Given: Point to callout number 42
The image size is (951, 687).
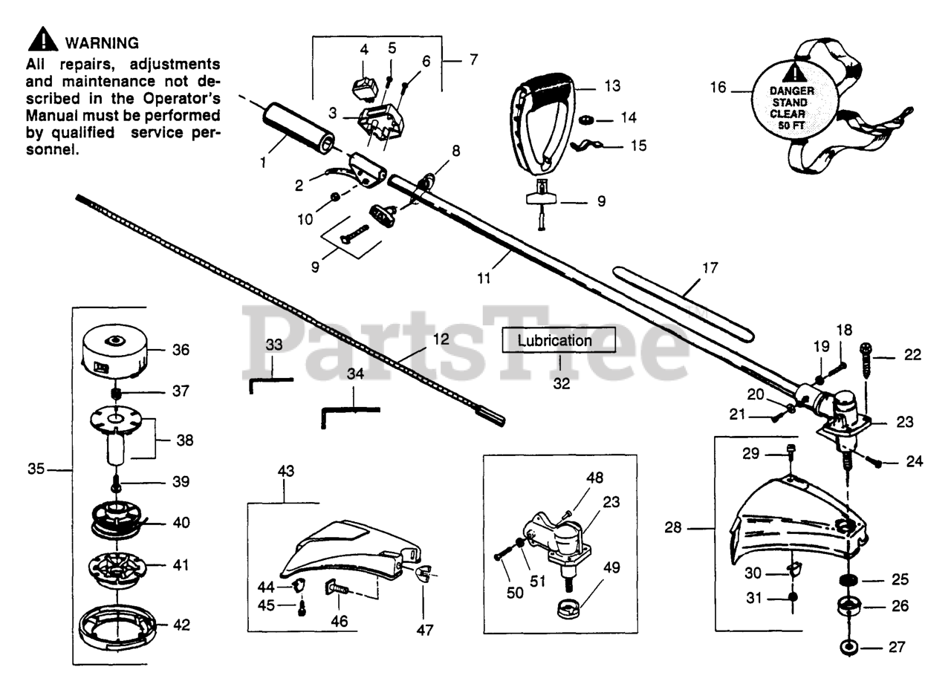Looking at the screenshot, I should click(x=181, y=625).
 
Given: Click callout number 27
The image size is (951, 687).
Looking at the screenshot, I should click(x=896, y=647).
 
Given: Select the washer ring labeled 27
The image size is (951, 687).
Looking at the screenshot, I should click(x=846, y=648).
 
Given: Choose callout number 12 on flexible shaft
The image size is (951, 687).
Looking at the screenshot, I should click(x=441, y=338).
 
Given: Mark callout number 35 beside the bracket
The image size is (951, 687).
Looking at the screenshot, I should click(x=36, y=469).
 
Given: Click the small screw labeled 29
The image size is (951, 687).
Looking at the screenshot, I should click(x=790, y=452).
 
